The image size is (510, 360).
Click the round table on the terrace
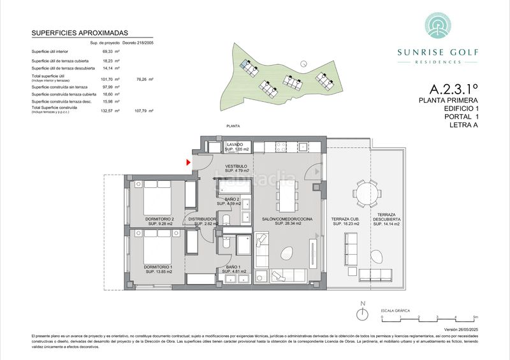click(365, 192)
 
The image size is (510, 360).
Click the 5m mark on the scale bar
click(474, 317)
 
